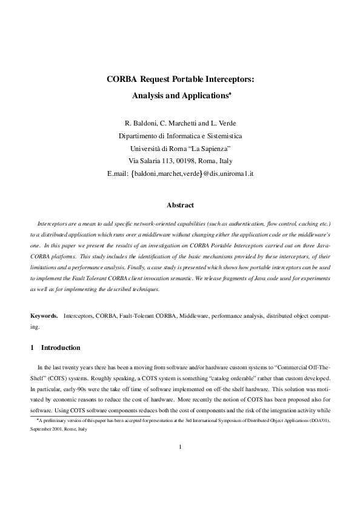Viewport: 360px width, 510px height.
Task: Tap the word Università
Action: pyautogui.click(x=147, y=149)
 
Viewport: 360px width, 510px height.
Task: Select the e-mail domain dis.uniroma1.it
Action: pyautogui.click(x=232, y=173)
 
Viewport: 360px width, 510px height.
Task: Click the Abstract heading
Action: pyautogui.click(x=179, y=205)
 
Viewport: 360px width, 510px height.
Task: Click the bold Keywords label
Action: pyautogui.click(x=45, y=317)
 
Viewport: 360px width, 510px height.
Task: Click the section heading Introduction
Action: pyautogui.click(x=60, y=348)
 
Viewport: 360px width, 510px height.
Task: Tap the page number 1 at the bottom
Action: pyautogui.click(x=180, y=465)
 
